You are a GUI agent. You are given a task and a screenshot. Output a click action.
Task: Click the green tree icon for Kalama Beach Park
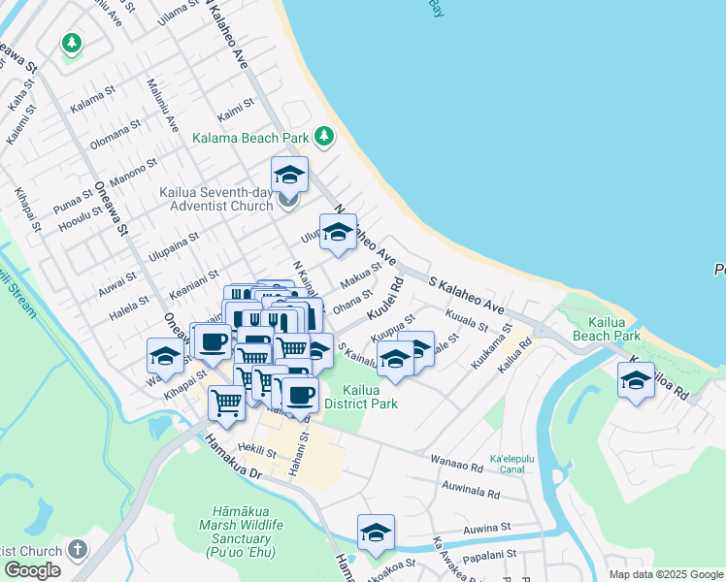324,136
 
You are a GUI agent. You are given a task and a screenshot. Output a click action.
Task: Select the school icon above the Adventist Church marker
289,176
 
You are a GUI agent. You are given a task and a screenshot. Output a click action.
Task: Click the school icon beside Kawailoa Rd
636,381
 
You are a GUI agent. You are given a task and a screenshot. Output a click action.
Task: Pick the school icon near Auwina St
376,533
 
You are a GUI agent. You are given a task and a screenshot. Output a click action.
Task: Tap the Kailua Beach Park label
606,328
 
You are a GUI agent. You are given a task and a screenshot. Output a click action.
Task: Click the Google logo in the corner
32,570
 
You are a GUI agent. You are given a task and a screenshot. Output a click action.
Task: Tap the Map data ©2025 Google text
666,574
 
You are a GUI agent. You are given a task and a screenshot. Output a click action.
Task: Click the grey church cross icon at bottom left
78,550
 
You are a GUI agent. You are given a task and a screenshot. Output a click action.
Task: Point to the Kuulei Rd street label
385,300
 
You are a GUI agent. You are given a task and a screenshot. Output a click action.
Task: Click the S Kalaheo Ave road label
467,293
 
